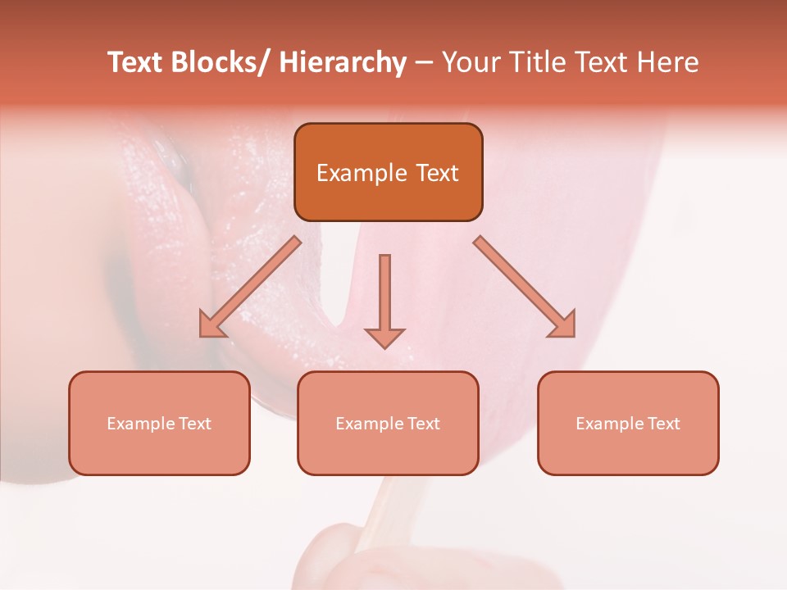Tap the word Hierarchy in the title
click(x=343, y=63)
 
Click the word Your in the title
click(x=470, y=62)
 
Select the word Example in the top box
click(x=362, y=173)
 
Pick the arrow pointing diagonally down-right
click(x=525, y=287)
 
